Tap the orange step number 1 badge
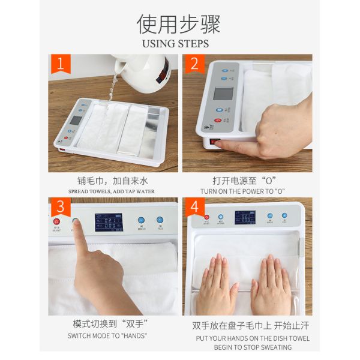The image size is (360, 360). (x=60, y=64)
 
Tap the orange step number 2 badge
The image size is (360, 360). (x=194, y=64)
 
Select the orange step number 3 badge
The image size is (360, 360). (x=60, y=208)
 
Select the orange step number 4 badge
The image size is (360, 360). (x=194, y=208)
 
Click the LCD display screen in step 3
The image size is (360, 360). (x=109, y=223)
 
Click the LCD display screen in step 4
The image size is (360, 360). (x=245, y=217)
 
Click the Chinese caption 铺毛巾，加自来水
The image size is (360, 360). (x=112, y=180)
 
